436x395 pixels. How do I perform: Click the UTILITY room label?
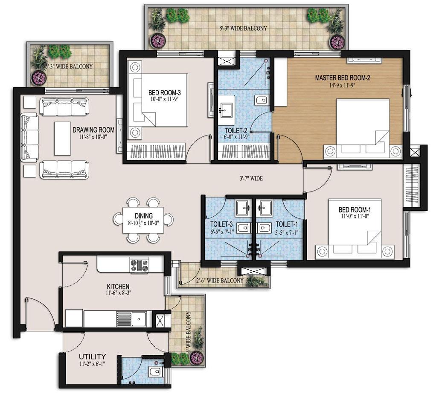92,356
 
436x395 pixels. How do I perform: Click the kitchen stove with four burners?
139,265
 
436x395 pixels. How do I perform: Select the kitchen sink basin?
139,318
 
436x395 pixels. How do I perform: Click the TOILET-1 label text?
286,224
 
